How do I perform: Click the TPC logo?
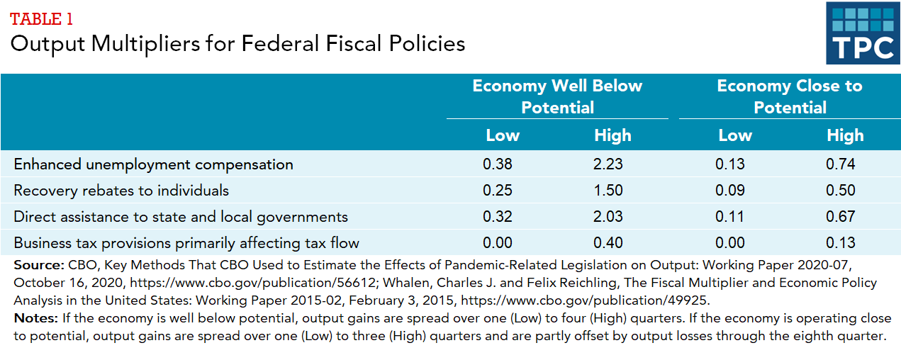pyautogui.click(x=863, y=33)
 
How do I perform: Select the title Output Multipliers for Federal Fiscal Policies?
pyautogui.click(x=237, y=44)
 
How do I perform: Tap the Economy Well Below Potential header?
pyautogui.click(x=557, y=96)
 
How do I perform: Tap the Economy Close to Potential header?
pyautogui.click(x=790, y=96)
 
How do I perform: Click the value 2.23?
pyautogui.click(x=608, y=164)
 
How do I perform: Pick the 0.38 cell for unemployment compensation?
pyautogui.click(x=498, y=164)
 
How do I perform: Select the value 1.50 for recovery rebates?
pyautogui.click(x=608, y=191)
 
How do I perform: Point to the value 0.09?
pyautogui.click(x=730, y=191)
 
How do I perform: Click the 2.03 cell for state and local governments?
pyautogui.click(x=608, y=217)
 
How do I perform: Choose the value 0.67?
pyautogui.click(x=841, y=217)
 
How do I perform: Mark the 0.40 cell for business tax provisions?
pyautogui.click(x=608, y=243)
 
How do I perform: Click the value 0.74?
pyautogui.click(x=841, y=164)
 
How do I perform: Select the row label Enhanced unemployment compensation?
pyautogui.click(x=153, y=164)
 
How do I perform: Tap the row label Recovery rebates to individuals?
pyautogui.click(x=121, y=191)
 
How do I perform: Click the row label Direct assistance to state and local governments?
pyautogui.click(x=181, y=217)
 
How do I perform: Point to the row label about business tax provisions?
pyautogui.click(x=186, y=243)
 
